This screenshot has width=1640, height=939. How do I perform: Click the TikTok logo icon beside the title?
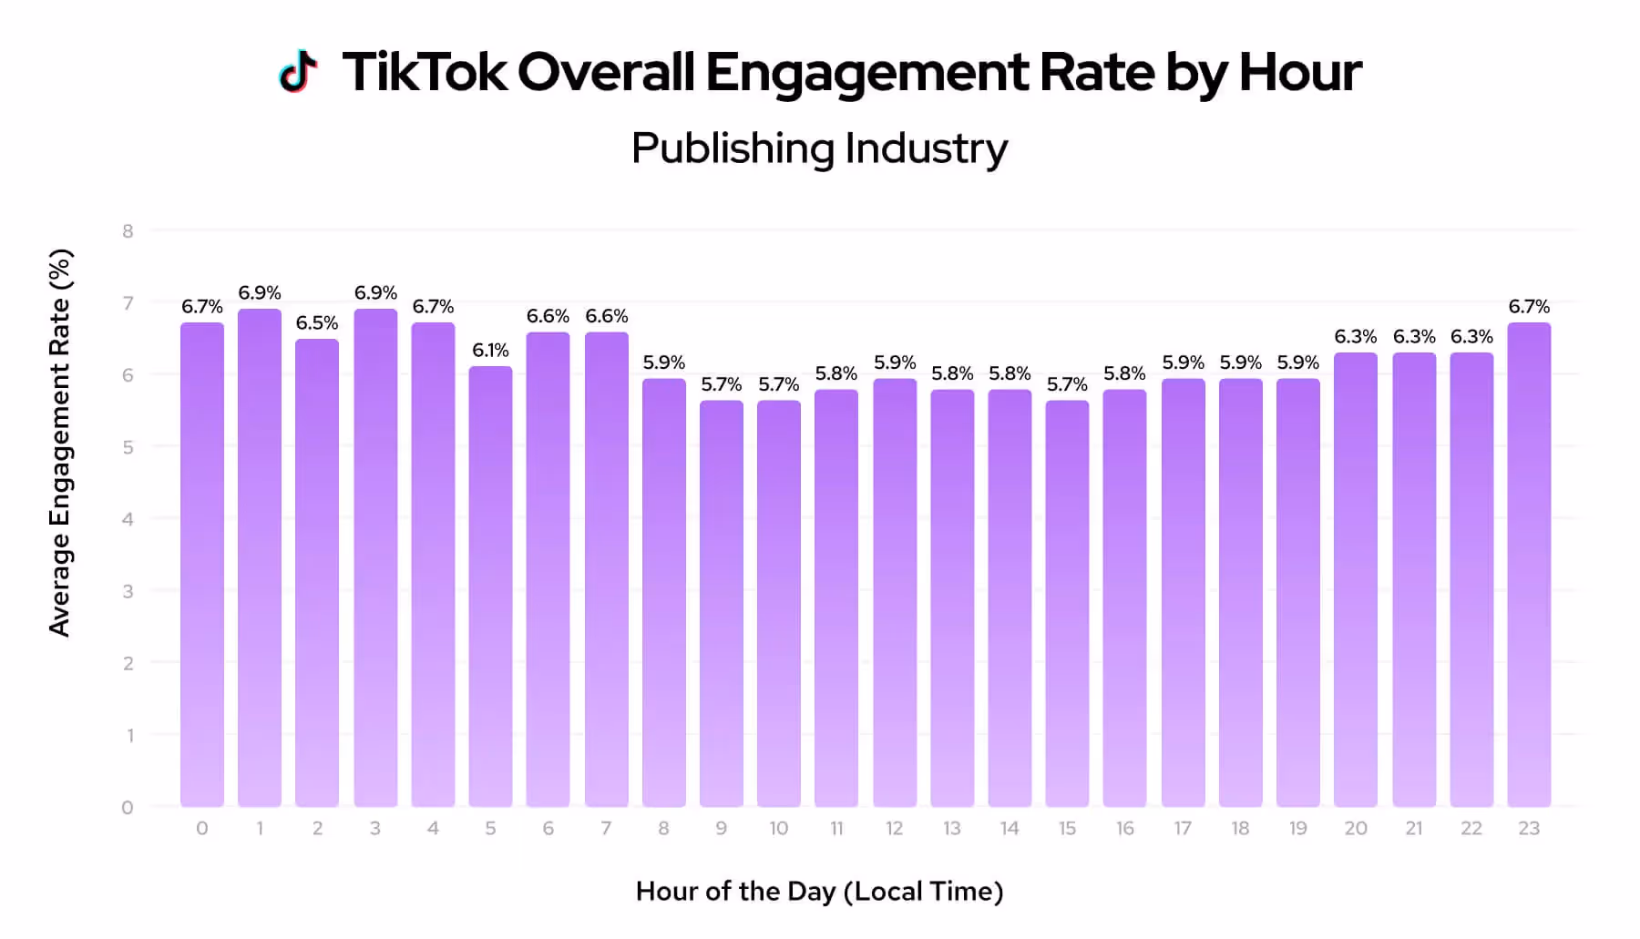pos(298,72)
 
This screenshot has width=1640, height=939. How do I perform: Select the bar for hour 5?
pos(490,587)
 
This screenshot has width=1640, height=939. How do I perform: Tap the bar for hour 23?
pos(1529,565)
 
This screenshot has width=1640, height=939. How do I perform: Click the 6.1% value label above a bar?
pos(490,351)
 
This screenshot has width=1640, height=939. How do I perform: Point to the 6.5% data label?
pos(317,323)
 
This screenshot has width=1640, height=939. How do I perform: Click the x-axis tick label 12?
pos(894,828)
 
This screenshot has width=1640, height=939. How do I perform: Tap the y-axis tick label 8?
pos(128,231)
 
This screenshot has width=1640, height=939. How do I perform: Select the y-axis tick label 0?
pos(128,807)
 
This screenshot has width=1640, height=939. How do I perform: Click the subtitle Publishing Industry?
pos(819,148)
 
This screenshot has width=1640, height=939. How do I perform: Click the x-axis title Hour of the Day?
pos(819,891)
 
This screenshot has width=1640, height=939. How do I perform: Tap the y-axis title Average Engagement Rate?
pos(59,443)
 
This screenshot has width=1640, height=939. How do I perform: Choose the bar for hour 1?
pos(260,557)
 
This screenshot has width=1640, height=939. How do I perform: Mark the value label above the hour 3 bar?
pos(375,293)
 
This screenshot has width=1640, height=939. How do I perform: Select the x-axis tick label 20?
pos(1356,828)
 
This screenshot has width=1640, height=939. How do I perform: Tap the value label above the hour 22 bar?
pos(1471,337)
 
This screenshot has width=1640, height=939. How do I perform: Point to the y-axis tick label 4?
pos(128,519)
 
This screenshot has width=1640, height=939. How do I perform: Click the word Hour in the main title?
pos(1299,73)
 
